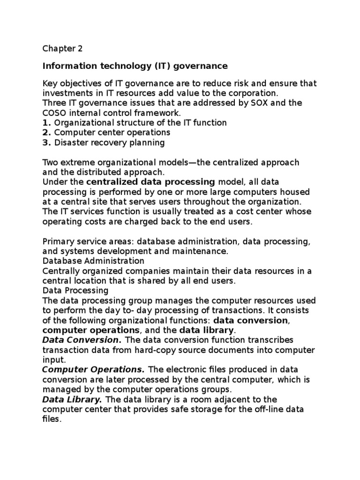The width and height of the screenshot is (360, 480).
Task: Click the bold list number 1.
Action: coord(46,123)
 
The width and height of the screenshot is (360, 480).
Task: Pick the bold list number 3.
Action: coord(46,142)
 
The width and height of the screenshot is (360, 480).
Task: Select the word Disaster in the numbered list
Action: coord(70,142)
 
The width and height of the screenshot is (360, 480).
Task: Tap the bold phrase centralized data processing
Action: coord(150,181)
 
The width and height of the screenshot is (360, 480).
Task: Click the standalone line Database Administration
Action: coord(93,261)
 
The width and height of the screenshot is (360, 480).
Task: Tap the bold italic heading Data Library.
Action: coord(72,399)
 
